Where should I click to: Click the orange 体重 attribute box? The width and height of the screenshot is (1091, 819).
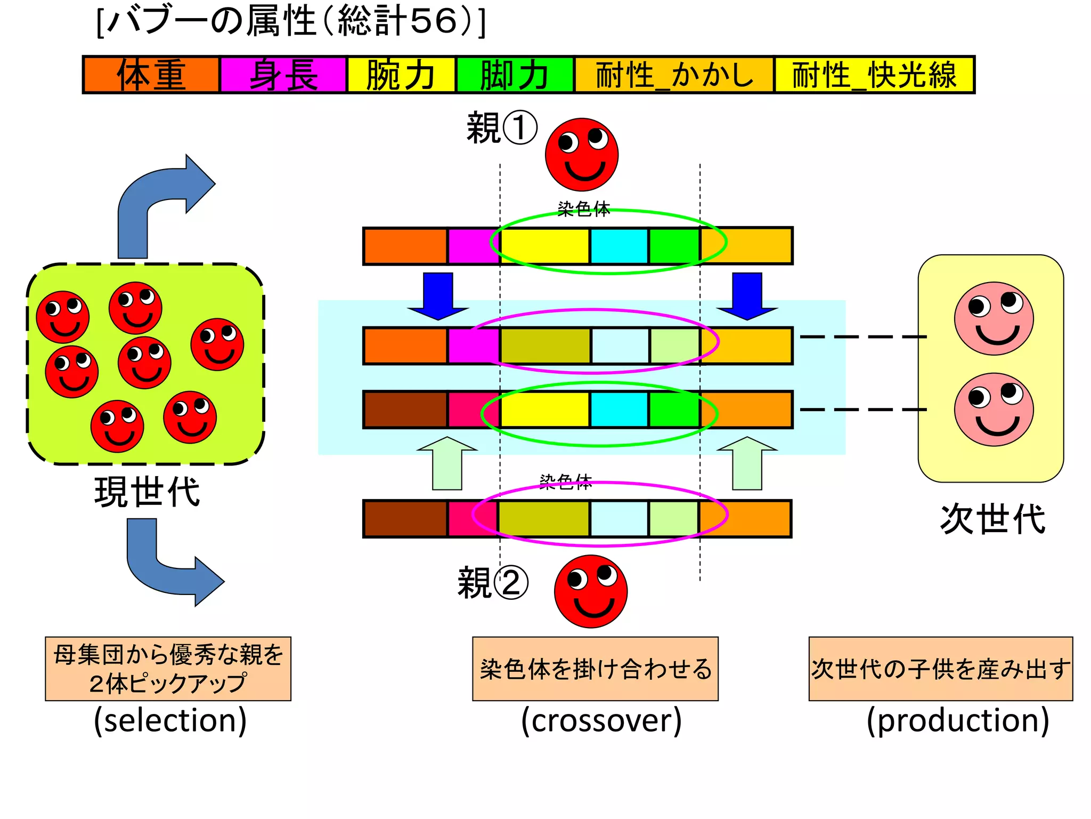tap(151, 75)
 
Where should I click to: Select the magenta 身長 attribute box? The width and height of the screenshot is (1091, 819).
tap(283, 75)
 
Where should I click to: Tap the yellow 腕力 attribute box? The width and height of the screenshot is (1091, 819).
tap(401, 75)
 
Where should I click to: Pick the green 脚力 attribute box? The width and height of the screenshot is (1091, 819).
tap(515, 75)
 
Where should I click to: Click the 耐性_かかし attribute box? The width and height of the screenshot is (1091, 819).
tap(674, 75)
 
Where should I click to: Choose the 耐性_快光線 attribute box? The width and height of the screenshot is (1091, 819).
tap(874, 75)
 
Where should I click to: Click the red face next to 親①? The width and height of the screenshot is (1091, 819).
tap(582, 155)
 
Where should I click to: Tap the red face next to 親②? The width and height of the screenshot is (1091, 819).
tap(591, 591)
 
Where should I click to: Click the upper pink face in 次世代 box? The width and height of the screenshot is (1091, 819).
tap(994, 318)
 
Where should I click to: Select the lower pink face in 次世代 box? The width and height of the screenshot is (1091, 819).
tap(994, 409)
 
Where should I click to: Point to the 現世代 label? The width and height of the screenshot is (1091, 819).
tap(147, 491)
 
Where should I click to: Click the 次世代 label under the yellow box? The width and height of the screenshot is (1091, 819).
tap(992, 518)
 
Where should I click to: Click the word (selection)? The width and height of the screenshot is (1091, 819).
tap(170, 720)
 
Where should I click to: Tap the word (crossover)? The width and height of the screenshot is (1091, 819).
tap(601, 720)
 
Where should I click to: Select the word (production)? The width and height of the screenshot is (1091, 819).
tap(958, 720)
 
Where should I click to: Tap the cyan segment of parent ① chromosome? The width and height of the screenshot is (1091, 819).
tap(619, 246)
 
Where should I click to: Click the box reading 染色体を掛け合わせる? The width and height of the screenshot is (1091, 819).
tap(595, 669)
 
